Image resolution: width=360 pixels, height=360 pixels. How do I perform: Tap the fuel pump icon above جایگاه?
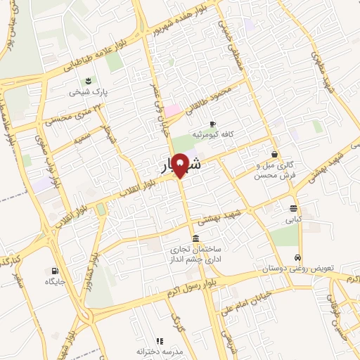pyautogui.click(x=55, y=270)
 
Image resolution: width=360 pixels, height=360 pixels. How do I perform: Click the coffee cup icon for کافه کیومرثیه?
pyautogui.click(x=212, y=123)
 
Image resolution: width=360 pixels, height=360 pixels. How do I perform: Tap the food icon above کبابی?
pyautogui.click(x=293, y=207)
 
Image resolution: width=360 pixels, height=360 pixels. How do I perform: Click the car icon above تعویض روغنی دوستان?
pyautogui.click(x=298, y=257)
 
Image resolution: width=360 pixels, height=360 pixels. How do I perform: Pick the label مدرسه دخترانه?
pyautogui.click(x=160, y=351)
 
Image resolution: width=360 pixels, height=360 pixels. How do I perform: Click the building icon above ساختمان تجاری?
pyautogui.click(x=195, y=238)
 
